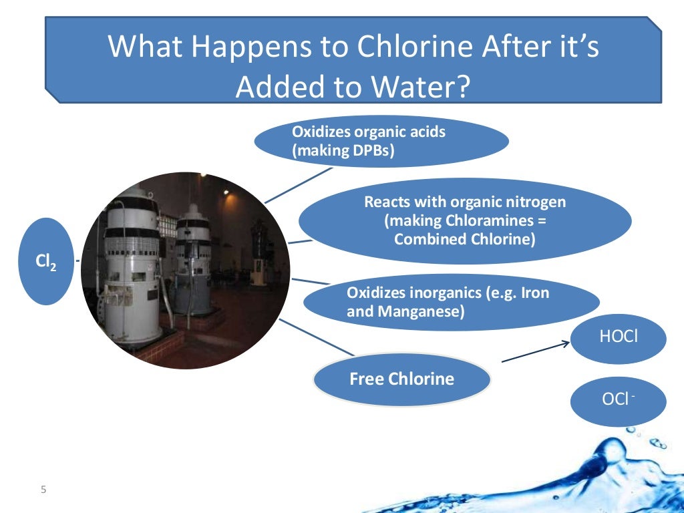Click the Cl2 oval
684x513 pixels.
[46, 262]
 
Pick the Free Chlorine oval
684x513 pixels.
[401, 379]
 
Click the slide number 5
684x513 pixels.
[44, 490]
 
